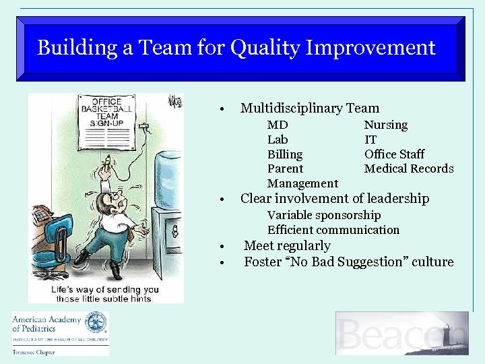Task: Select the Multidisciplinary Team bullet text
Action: [x=309, y=108]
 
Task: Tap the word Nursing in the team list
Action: [x=385, y=125]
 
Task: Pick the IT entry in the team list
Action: [x=370, y=140]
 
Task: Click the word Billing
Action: [x=284, y=154]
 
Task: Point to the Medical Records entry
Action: [x=408, y=169]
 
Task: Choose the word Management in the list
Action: [x=302, y=183]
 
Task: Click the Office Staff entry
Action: [x=394, y=154]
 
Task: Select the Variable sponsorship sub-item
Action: [x=323, y=215]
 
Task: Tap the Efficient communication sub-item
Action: [x=333, y=230]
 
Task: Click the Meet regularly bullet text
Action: [x=287, y=246]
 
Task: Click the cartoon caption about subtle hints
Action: [x=105, y=294]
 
